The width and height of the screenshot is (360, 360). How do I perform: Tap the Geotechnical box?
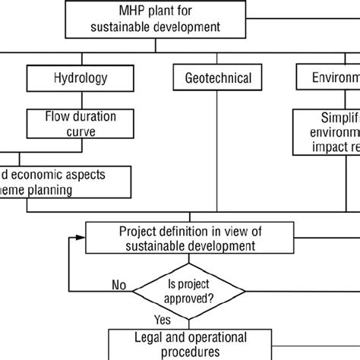217,77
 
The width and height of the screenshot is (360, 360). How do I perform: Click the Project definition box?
187,237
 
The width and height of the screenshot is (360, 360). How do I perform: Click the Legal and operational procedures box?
188,343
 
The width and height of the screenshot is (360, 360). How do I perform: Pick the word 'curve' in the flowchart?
77,131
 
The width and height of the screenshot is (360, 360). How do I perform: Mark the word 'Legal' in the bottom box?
146,336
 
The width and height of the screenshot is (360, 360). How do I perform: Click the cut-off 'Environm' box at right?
326,77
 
